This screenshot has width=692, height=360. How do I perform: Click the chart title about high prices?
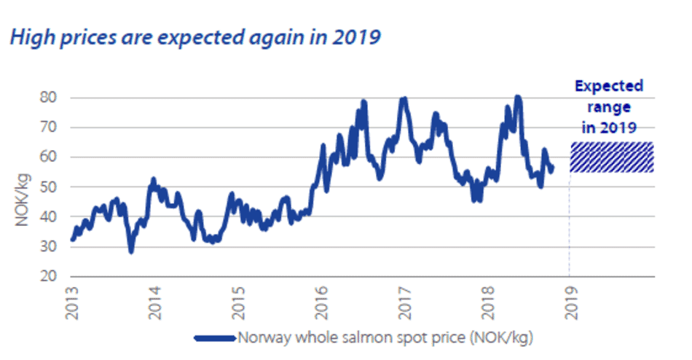[194, 36]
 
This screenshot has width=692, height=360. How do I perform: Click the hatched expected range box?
[611, 157]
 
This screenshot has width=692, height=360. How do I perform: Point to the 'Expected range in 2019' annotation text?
[609, 106]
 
